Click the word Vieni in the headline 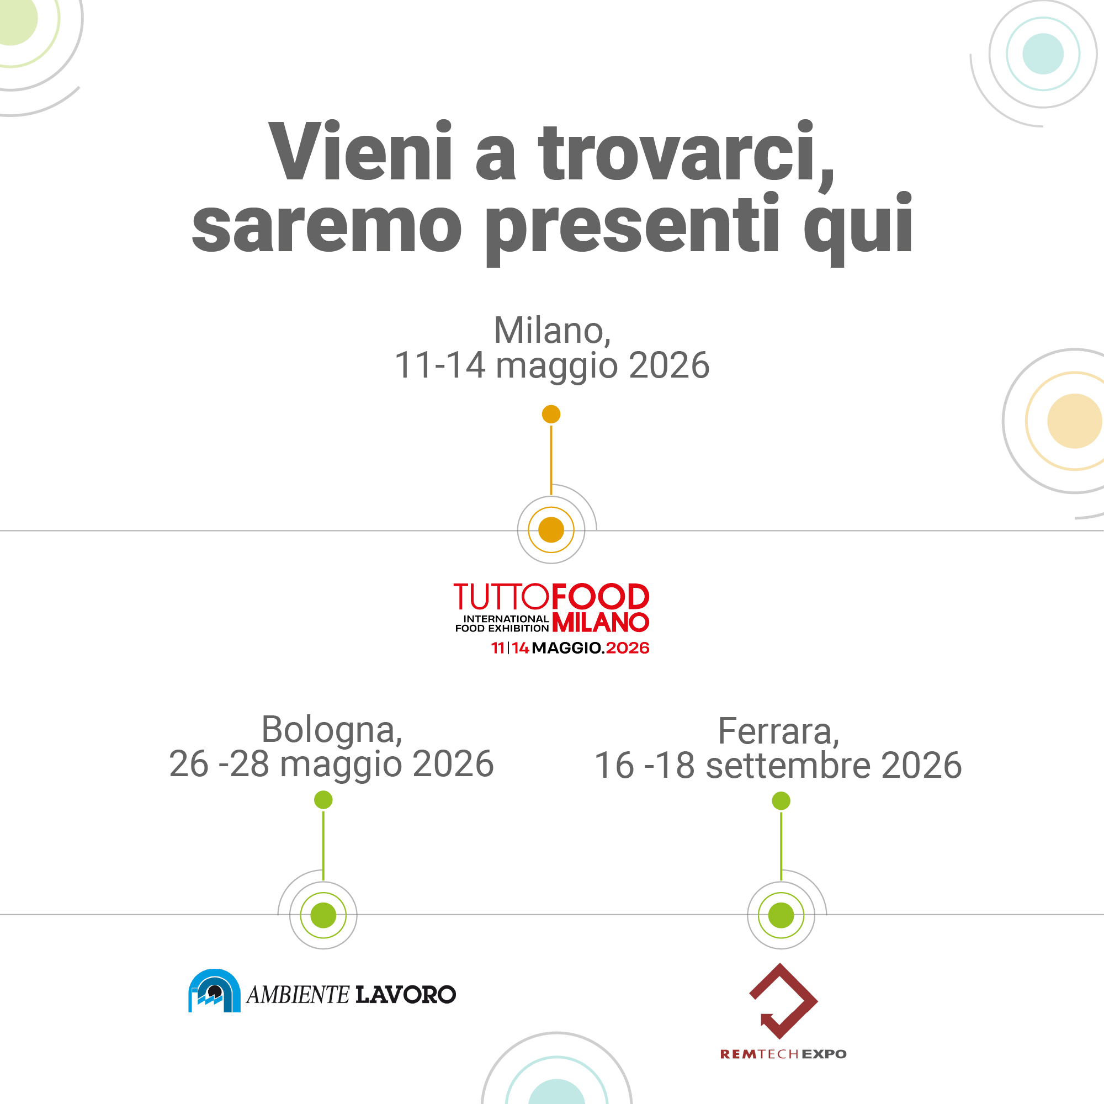(x=360, y=152)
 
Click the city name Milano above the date (x=551, y=331)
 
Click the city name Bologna (x=331, y=730)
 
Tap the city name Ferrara (x=778, y=731)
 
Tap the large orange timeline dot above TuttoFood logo (x=551, y=530)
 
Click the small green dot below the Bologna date (x=323, y=800)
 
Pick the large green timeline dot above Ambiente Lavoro (x=323, y=915)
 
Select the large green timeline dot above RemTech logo (x=781, y=915)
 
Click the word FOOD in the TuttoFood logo (x=600, y=597)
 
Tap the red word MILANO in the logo (x=601, y=623)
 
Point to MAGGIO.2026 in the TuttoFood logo (x=590, y=648)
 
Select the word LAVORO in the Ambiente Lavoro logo (x=406, y=995)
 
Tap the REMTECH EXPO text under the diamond (x=783, y=1054)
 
